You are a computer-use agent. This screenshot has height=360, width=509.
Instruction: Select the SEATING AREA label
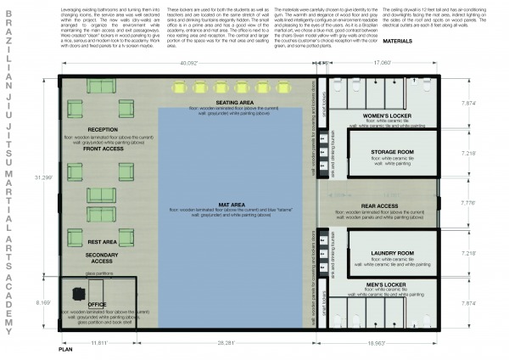click(x=229, y=102)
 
